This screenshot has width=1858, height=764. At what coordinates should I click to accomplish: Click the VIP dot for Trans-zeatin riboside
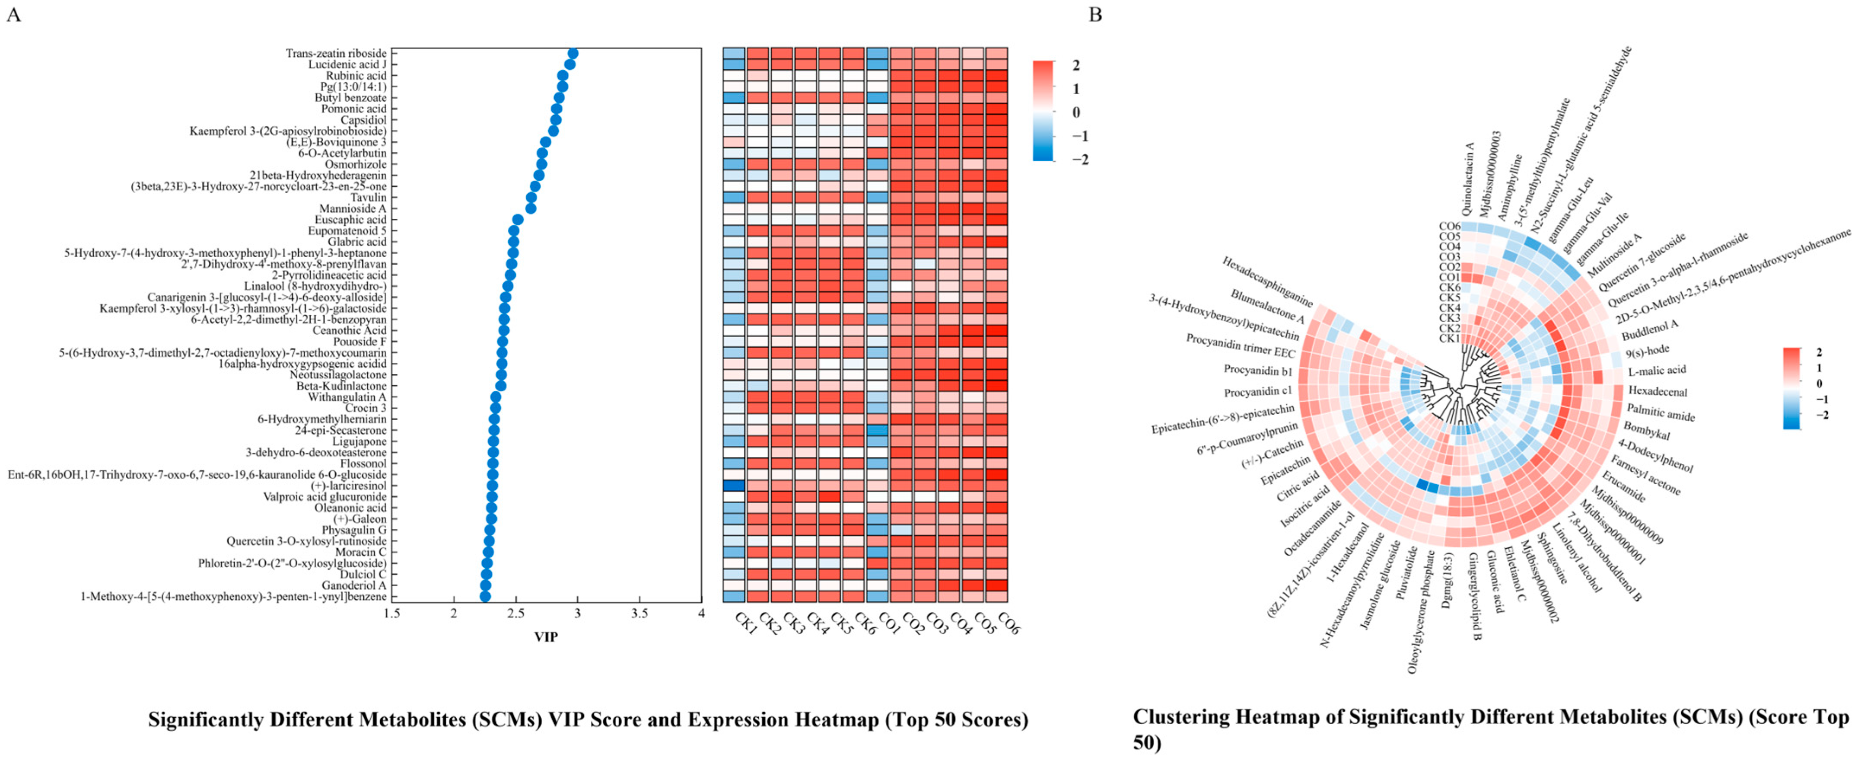pyautogui.click(x=573, y=53)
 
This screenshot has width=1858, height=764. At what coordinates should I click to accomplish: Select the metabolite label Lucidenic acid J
pyautogui.click(x=348, y=65)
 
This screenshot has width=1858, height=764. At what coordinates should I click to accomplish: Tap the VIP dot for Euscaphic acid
pyautogui.click(x=518, y=219)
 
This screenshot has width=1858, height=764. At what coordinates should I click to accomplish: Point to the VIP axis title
pyautogui.click(x=546, y=637)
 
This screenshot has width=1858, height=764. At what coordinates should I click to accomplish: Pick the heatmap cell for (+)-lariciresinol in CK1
pyautogui.click(x=734, y=486)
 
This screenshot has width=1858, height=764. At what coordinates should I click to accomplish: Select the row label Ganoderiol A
pyautogui.click(x=354, y=585)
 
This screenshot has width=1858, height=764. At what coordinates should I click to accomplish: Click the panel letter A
pyautogui.click(x=13, y=15)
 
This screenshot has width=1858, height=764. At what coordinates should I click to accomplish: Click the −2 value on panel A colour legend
pyautogui.click(x=1081, y=160)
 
